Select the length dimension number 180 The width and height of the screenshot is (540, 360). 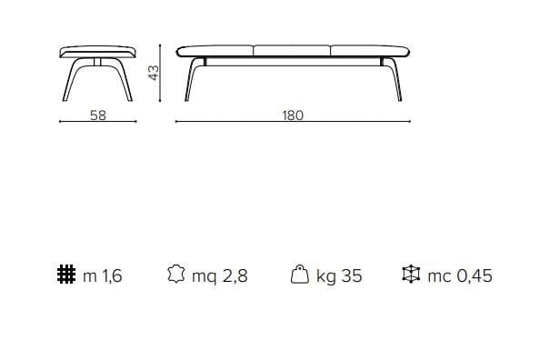coord(292,115)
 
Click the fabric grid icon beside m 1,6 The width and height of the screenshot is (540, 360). coord(65,275)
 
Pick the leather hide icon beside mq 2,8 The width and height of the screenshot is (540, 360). coord(176,275)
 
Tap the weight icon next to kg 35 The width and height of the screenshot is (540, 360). coord(298,275)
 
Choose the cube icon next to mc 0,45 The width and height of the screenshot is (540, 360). coord(411,275)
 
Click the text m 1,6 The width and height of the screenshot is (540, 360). coord(102,275)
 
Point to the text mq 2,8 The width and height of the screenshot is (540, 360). coord(219,275)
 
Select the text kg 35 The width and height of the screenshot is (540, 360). coord(339,275)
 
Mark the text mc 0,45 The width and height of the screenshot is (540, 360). coord(459,275)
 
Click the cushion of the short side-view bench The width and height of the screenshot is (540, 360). coord(96,50)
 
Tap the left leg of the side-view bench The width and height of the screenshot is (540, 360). coord(70,81)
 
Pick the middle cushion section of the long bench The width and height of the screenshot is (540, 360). coord(292,50)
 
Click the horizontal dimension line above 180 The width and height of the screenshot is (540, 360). coord(292,122)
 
